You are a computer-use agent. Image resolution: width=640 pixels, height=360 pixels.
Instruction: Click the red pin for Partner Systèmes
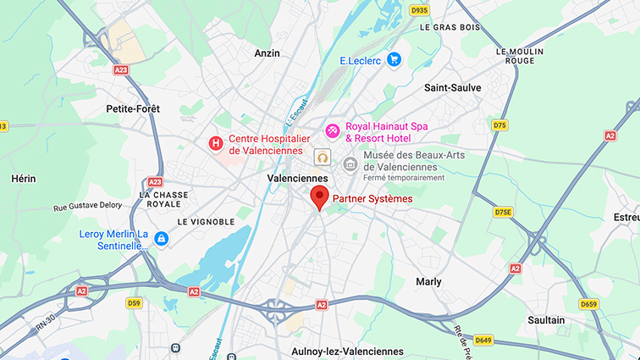(319, 197)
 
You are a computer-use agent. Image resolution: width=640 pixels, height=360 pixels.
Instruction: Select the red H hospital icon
(216, 144)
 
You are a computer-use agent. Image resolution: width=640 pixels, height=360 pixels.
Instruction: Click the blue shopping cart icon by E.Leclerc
(393, 59)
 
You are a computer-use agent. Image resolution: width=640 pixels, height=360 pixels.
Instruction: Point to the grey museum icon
(350, 163)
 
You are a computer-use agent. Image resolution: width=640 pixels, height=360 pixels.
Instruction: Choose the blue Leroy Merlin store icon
(161, 240)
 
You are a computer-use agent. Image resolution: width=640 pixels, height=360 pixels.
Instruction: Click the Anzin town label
(267, 53)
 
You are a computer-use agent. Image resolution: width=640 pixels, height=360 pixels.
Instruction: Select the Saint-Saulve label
(452, 87)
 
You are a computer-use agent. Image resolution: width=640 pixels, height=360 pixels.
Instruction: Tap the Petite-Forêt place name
(133, 108)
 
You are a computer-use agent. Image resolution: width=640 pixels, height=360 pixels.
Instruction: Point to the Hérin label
(23, 179)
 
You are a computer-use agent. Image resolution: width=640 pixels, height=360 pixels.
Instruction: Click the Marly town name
(428, 281)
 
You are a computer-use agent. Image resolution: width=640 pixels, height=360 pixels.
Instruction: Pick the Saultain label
(545, 320)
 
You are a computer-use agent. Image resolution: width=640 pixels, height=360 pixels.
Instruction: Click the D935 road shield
(418, 10)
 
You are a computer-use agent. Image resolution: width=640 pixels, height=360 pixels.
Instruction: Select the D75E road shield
(504, 212)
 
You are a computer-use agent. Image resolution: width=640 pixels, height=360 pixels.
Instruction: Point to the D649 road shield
(483, 341)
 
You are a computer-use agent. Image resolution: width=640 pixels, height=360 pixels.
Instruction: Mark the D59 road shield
(134, 302)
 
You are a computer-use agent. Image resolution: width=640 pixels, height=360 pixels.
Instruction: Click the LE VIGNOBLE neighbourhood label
(206, 221)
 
